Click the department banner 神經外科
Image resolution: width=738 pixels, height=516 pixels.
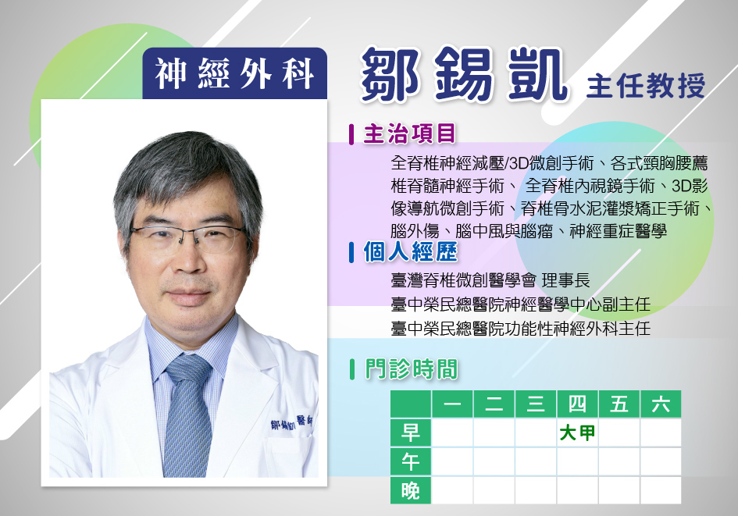pos(234,73)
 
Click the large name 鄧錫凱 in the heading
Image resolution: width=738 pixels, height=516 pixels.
pos(464,75)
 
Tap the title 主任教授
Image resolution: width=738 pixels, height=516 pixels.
pos(646,86)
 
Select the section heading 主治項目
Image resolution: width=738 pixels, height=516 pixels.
pos(409,133)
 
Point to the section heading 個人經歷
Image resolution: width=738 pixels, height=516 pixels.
pos(410,251)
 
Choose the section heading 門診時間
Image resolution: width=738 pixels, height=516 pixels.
pos(411,368)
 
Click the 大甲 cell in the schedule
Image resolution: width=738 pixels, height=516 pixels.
pos(577,432)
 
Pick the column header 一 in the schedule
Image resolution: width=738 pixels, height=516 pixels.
pos(452,404)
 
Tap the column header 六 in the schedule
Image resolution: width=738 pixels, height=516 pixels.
pos(661,404)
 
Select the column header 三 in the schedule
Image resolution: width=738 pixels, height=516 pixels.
pos(536,404)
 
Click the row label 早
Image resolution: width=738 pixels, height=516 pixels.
pos(411,432)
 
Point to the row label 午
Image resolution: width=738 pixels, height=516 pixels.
pos(411,461)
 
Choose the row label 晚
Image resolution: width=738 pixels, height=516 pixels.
pos(411,490)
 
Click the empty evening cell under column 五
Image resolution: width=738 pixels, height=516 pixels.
pos(619,490)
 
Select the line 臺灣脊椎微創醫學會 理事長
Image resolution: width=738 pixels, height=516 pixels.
pos(490,280)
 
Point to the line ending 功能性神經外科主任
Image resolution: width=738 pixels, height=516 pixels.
pos(521,328)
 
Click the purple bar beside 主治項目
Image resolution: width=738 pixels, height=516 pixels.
pos(351,134)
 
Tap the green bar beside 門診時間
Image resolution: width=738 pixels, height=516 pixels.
pos(352,369)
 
